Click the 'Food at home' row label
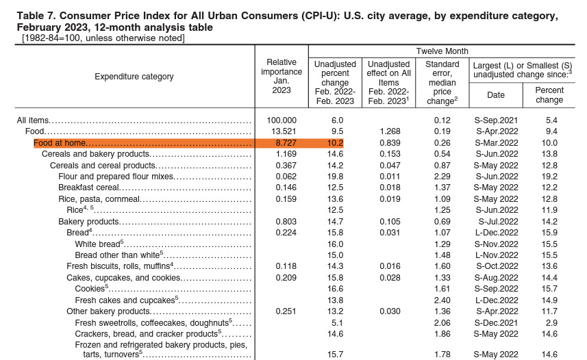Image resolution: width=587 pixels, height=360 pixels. (x=60, y=143)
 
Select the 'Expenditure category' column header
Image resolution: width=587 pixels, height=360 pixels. (x=134, y=77)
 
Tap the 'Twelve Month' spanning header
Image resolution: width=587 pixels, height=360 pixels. (x=442, y=51)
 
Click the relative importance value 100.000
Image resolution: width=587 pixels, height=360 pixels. (x=282, y=120)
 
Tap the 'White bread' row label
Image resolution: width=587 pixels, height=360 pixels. (x=98, y=244)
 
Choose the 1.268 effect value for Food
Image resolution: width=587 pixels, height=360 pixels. (x=388, y=131)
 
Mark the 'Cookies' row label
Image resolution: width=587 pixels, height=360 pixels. (x=90, y=289)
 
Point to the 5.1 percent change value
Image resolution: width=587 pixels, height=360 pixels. (x=336, y=322)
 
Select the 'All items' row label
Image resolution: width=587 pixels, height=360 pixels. (x=32, y=120)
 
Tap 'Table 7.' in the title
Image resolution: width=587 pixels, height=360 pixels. (x=35, y=16)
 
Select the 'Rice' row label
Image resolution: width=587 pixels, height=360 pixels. (x=75, y=209)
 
